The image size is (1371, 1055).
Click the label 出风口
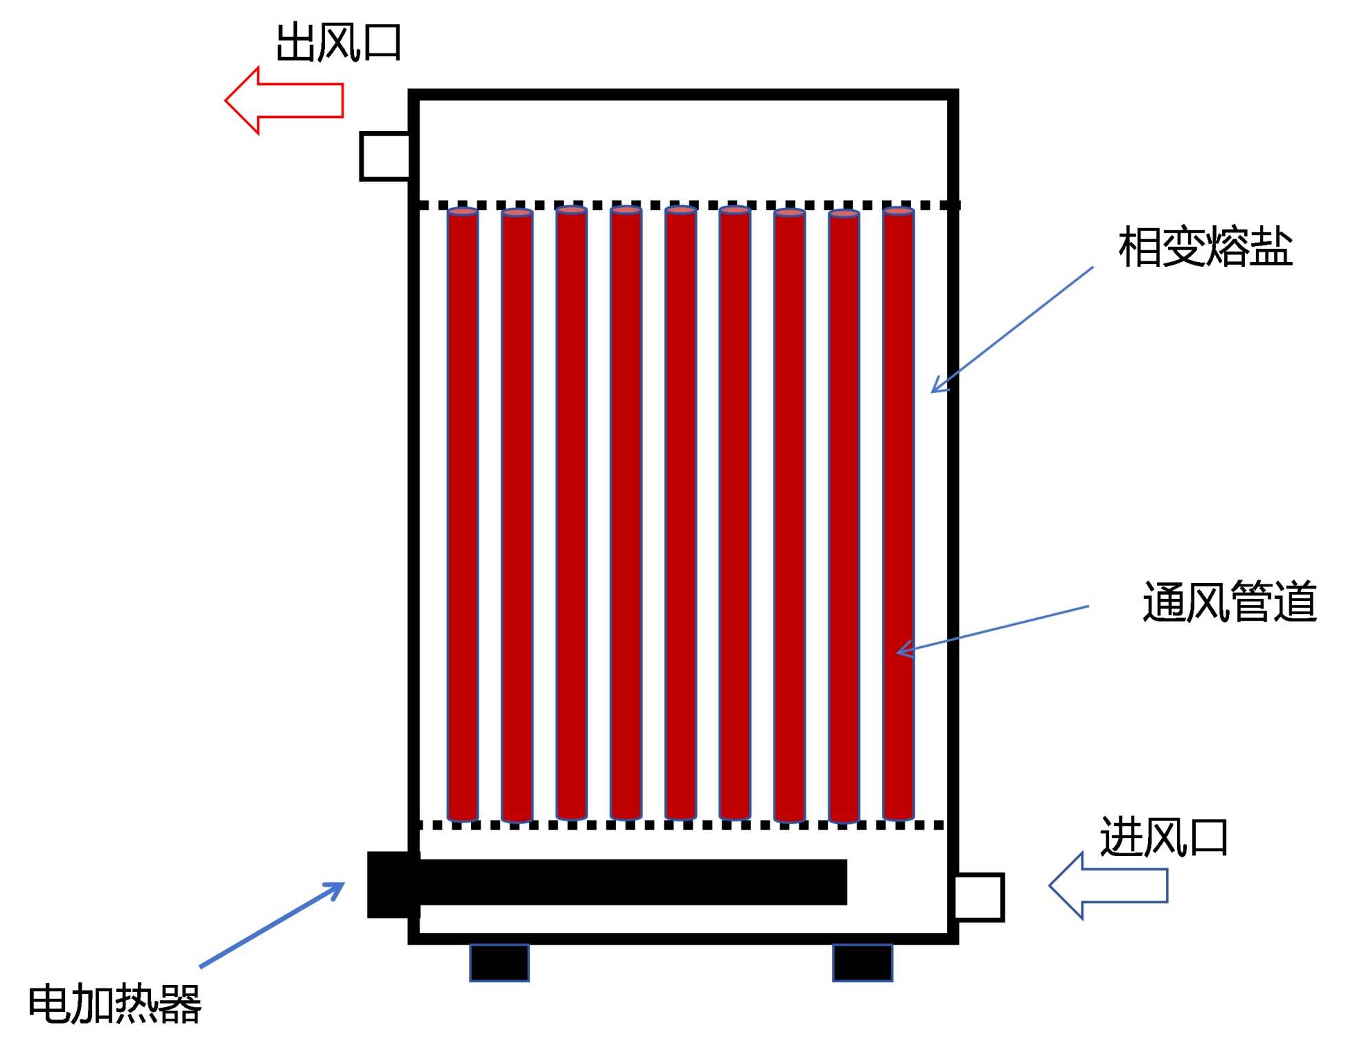coord(338,43)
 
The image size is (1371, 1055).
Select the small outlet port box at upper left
coord(385,156)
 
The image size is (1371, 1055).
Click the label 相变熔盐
coord(1205,247)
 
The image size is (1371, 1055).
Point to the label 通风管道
coord(1229,602)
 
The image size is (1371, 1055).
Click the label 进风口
coord(1163,837)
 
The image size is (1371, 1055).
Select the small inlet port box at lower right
coord(979,897)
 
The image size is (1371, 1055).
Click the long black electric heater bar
coord(631,882)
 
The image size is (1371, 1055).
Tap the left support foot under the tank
coord(499,962)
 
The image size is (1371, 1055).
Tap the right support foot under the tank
coord(862,962)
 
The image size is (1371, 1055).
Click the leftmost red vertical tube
coord(462,514)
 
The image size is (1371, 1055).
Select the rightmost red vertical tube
coord(898,514)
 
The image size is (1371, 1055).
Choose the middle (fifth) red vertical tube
coord(680,514)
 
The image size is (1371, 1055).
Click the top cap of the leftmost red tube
coord(462,211)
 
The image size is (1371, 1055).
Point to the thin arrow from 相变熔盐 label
coord(1012,329)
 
